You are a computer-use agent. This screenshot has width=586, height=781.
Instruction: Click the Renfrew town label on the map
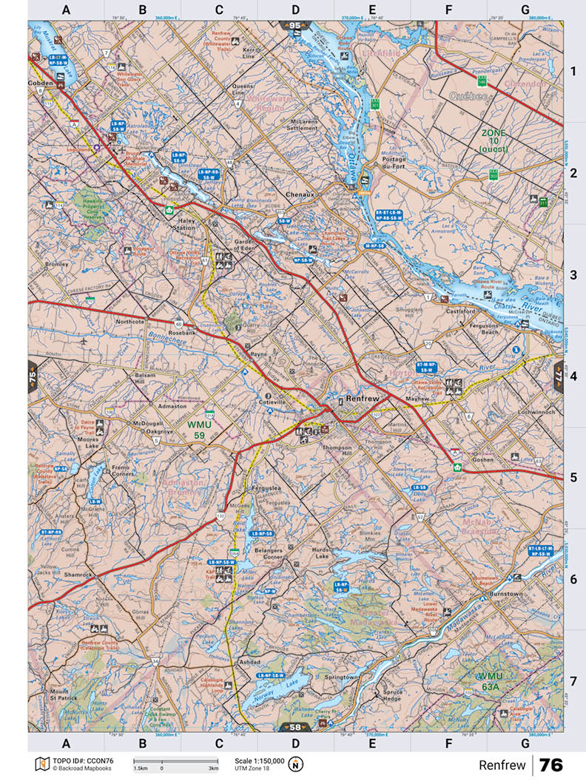tap(363, 399)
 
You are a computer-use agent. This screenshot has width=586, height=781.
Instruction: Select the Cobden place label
tap(41, 84)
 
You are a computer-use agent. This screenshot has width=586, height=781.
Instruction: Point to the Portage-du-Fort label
tap(396, 163)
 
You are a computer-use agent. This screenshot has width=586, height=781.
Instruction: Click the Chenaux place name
tap(300, 195)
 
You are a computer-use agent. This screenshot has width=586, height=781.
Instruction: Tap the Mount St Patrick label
tap(59, 694)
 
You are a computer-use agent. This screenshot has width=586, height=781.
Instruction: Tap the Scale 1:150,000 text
tap(259, 760)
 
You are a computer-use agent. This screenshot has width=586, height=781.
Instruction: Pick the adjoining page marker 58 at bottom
tap(294, 727)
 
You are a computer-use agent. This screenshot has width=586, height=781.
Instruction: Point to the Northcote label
tap(130, 322)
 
